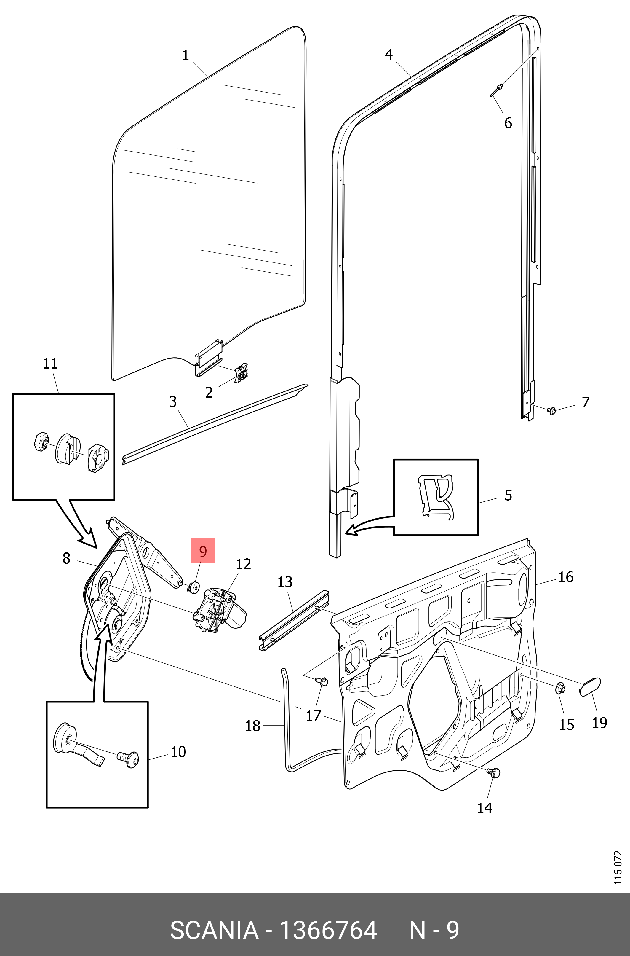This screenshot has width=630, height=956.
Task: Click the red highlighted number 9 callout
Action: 203,551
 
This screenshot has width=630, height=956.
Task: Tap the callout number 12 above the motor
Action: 243,564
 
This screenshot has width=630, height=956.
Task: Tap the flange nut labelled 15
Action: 560,689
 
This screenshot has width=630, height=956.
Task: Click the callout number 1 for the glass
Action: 185,55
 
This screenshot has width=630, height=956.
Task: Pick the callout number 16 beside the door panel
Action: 566,577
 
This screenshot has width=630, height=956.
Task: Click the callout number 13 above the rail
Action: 285,582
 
